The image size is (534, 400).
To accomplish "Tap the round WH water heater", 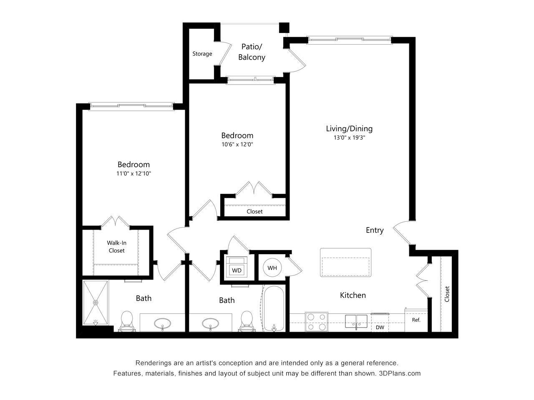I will pyautogui.click(x=272, y=268).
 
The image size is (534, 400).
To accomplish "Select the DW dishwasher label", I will pyautogui.click(x=380, y=327).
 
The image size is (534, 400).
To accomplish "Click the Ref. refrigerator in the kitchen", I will pyautogui.click(x=416, y=320).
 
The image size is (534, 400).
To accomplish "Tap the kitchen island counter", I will pyautogui.click(x=345, y=262).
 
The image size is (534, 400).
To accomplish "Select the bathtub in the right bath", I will pyautogui.click(x=274, y=309).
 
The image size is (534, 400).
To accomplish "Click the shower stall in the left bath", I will pyautogui.click(x=96, y=303).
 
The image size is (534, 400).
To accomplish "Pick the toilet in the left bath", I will pyautogui.click(x=126, y=322).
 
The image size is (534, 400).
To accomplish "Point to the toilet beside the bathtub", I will pyautogui.click(x=247, y=321).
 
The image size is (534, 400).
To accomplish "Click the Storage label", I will pyautogui.click(x=202, y=54).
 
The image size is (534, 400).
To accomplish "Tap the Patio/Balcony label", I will pyautogui.click(x=252, y=52).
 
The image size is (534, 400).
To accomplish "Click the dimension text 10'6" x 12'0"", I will pyautogui.click(x=237, y=145).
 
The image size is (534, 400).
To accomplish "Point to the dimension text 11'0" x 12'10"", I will pyautogui.click(x=133, y=174).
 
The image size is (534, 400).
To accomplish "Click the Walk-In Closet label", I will pyautogui.click(x=116, y=247).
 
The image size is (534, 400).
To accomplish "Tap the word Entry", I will pyautogui.click(x=375, y=230).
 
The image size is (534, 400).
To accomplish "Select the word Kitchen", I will pyautogui.click(x=353, y=295).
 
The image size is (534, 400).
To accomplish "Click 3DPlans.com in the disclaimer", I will pyautogui.click(x=400, y=373).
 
